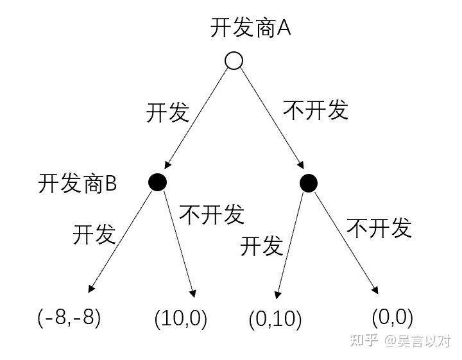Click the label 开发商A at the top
(251, 28)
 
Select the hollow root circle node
(234, 60)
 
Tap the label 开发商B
(77, 184)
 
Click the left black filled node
(157, 182)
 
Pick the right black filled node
(309, 183)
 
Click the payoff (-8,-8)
(69, 317)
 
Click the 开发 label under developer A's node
(168, 112)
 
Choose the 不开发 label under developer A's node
(315, 110)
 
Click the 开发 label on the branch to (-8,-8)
(94, 234)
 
